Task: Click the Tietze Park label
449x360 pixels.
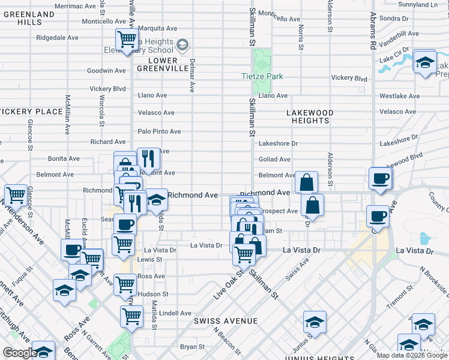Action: click(262, 77)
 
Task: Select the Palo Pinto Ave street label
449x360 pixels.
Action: click(159, 131)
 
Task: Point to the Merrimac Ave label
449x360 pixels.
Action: click(75, 6)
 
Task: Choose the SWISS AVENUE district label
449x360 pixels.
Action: click(226, 322)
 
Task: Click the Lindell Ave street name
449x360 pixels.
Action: click(175, 313)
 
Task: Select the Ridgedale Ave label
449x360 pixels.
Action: click(57, 37)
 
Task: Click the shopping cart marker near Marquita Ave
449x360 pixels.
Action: click(127, 40)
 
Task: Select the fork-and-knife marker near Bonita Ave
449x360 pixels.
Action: click(148, 158)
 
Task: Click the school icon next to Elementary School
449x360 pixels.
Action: click(183, 44)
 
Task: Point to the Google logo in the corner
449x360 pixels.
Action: click(19, 353)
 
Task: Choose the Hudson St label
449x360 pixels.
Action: click(152, 294)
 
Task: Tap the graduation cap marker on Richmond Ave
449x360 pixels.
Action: click(155, 199)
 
